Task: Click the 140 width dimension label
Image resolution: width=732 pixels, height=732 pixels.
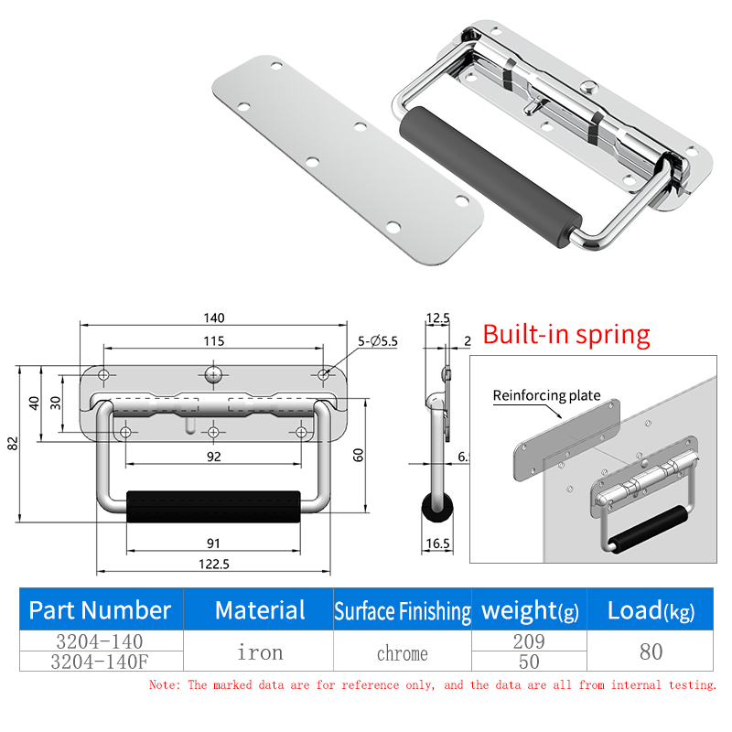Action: [x=214, y=318]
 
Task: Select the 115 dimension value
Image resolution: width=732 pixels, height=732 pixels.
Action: [x=214, y=341]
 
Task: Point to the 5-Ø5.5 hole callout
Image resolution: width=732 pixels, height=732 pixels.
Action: [x=378, y=341]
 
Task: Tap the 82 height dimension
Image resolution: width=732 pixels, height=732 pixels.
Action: [x=13, y=444]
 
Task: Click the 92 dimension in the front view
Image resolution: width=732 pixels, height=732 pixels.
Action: [x=214, y=457]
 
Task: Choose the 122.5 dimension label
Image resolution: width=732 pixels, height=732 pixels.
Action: [x=214, y=565]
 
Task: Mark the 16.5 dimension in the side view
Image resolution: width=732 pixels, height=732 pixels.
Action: [x=438, y=544]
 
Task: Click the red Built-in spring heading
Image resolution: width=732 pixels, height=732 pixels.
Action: [x=566, y=335]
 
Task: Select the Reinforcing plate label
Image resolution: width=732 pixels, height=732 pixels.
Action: [x=546, y=396]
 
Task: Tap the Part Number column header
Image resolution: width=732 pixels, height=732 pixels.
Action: [x=100, y=610]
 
